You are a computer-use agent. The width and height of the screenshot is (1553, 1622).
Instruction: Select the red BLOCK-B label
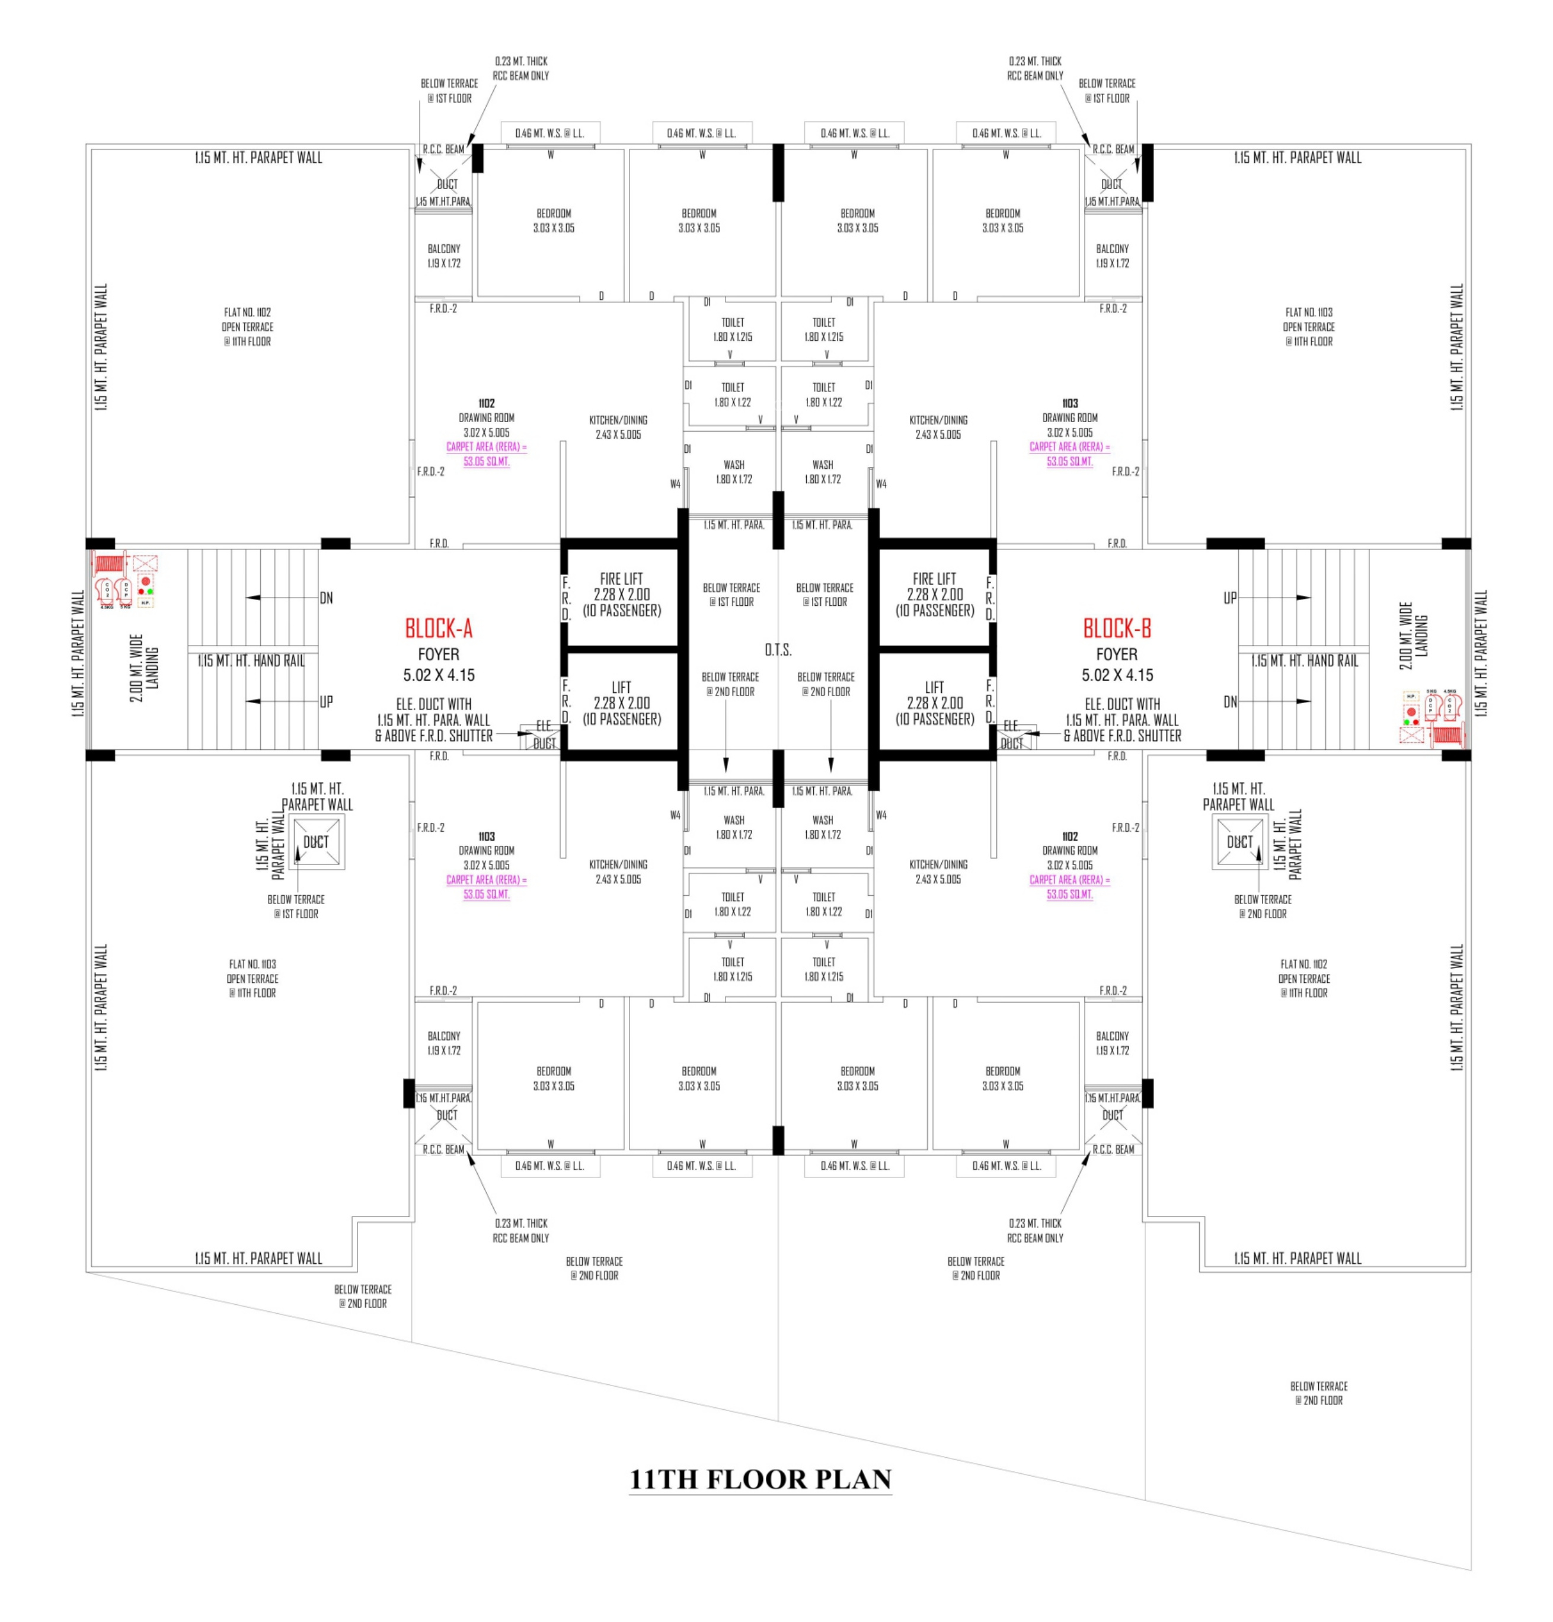(x=1116, y=629)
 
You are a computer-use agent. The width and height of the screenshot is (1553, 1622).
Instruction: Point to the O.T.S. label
(x=777, y=650)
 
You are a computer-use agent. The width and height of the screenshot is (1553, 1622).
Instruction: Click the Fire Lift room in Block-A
(x=621, y=594)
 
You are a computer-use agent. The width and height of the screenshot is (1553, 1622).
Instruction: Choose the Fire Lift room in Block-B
(x=934, y=594)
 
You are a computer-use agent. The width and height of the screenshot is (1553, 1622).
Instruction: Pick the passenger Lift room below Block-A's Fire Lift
(x=621, y=703)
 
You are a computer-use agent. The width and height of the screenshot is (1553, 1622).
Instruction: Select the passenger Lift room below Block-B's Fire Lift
(x=934, y=703)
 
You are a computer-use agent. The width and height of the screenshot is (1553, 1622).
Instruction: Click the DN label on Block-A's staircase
(x=326, y=598)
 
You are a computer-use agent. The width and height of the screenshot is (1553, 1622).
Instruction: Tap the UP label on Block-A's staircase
(x=326, y=702)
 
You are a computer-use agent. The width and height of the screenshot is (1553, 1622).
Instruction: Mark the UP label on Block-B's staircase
(x=1229, y=598)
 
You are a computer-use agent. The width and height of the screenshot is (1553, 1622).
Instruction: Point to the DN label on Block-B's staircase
(x=1229, y=702)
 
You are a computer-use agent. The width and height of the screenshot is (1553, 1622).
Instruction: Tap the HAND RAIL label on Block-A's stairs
(x=251, y=661)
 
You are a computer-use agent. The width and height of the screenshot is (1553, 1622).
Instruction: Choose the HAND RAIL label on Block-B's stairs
(x=1304, y=661)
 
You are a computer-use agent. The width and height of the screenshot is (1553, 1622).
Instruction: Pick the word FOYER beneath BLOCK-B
(x=1116, y=654)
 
